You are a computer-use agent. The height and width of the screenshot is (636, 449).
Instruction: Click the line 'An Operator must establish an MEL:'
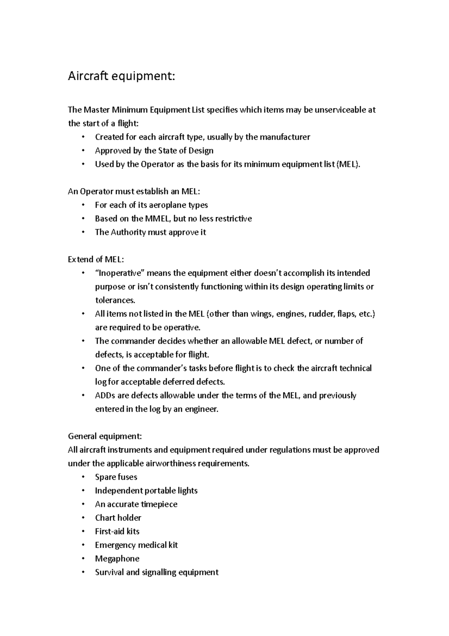(134, 191)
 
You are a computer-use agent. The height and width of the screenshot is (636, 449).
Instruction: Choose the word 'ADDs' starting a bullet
(105, 396)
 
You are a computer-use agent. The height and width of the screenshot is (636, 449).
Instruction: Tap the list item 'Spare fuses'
(116, 477)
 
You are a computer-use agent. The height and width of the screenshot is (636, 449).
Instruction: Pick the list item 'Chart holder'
(118, 518)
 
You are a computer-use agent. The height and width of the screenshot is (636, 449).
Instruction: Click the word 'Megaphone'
(117, 559)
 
